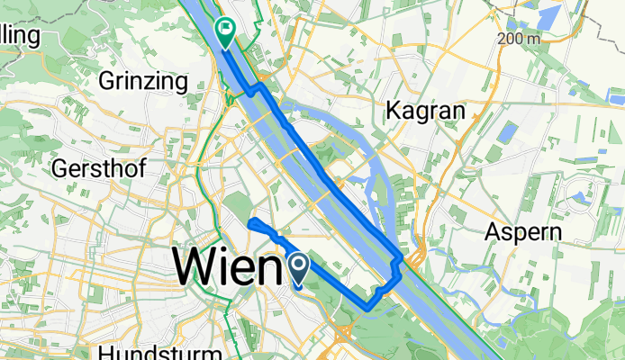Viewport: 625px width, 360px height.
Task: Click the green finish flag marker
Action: pyautogui.click(x=223, y=32)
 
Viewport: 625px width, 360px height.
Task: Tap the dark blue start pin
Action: pyautogui.click(x=298, y=266)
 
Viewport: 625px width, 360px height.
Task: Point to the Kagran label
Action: pyautogui.click(x=424, y=111)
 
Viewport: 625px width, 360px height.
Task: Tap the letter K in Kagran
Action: pyautogui.click(x=393, y=111)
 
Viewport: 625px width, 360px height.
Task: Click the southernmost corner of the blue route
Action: pyautogui.click(x=367, y=309)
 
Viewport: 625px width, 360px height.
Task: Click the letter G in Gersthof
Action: pyautogui.click(x=60, y=168)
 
